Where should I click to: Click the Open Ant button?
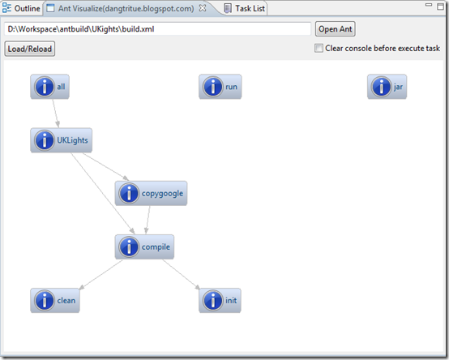tap(336, 29)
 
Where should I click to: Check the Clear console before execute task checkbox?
tap(319, 48)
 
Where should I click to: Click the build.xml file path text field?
tap(157, 29)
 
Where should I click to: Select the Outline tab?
tap(21, 8)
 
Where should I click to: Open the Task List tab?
tap(245, 8)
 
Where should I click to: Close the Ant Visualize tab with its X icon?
tap(203, 8)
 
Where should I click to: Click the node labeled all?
tap(49, 87)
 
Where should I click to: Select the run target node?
tap(220, 87)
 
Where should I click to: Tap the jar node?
tap(387, 87)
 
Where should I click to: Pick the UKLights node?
tap(62, 140)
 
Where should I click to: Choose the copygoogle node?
tap(151, 193)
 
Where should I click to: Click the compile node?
tap(144, 246)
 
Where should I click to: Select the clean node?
tap(55, 301)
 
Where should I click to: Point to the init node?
tap(220, 301)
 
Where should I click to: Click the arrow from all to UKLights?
tap(56, 114)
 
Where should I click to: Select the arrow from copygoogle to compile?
tap(148, 220)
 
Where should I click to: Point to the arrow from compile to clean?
tap(100, 275)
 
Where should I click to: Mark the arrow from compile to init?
tap(182, 275)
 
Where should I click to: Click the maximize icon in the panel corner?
tap(440, 6)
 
